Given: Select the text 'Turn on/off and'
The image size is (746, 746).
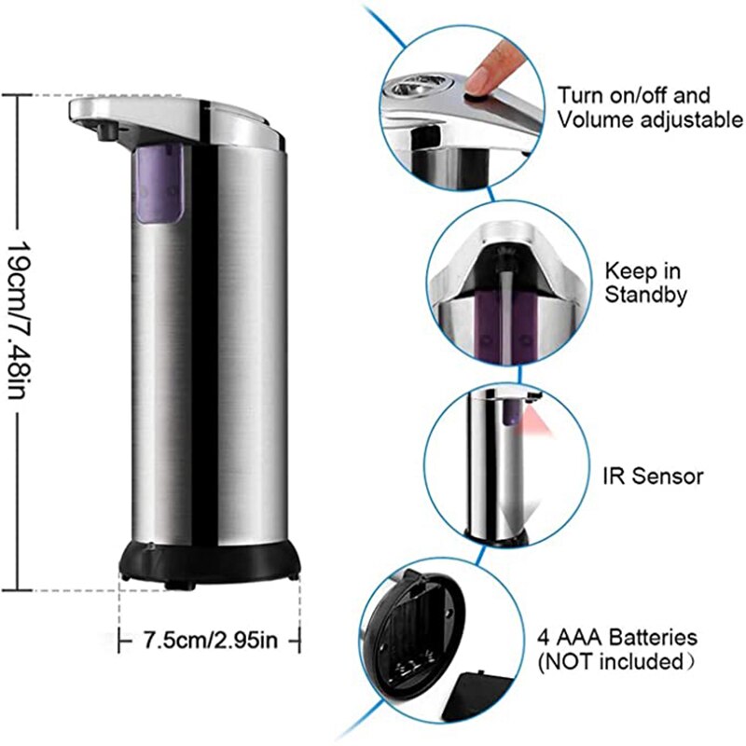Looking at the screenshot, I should tap(633, 94).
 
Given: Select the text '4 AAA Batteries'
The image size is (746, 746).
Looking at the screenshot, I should tap(616, 638).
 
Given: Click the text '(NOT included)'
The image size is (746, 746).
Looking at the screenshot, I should tap(616, 662).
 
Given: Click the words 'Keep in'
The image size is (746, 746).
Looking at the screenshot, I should tap(642, 271).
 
